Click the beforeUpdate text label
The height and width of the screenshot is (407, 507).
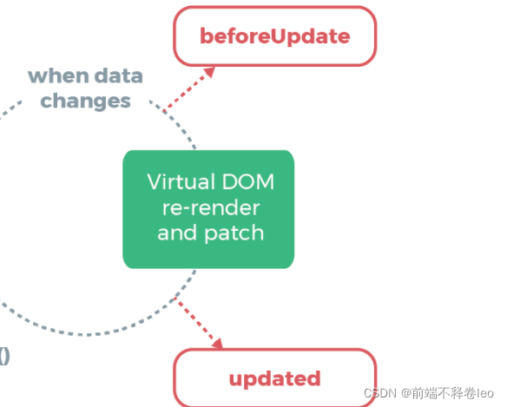point(275,36)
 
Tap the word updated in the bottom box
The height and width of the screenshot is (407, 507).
point(275,378)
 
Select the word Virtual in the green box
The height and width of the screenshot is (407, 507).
point(181,181)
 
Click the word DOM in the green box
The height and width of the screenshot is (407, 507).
point(248,181)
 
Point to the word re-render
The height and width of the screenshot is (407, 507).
point(211,207)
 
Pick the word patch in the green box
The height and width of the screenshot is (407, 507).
point(234,233)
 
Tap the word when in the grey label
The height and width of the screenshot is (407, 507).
point(58,75)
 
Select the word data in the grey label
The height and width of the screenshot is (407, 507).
point(119,75)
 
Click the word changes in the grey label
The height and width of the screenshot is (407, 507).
point(85,102)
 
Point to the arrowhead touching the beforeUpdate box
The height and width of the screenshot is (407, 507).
point(209,72)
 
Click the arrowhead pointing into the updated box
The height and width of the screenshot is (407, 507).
point(218,344)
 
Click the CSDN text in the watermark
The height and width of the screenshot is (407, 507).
point(380,393)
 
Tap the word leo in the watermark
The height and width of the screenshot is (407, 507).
point(484,393)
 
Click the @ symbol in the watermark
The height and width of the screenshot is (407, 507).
point(406,393)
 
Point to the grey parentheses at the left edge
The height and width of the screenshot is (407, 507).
point(4,357)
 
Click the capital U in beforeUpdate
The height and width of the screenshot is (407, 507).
point(277,36)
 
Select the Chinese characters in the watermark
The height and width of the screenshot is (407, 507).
point(444,393)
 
